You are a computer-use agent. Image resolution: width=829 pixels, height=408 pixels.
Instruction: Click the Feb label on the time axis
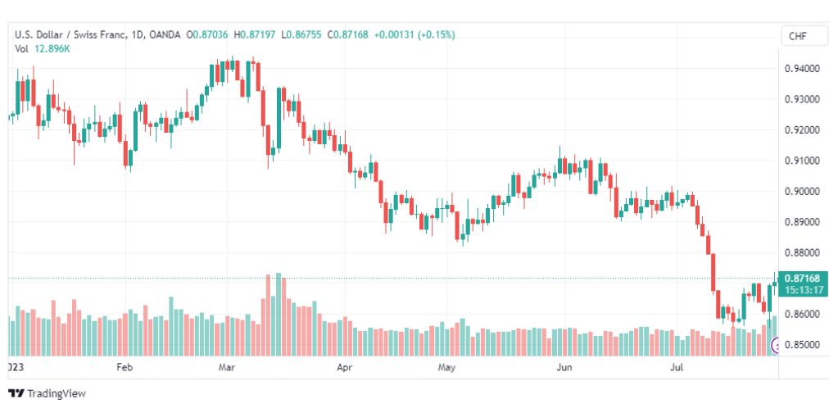(125, 367)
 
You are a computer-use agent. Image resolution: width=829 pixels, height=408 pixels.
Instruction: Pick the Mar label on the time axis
(226, 367)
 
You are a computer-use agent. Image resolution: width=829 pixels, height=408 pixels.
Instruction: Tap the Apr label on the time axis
(345, 367)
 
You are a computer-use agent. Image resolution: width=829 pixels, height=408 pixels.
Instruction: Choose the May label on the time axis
(446, 367)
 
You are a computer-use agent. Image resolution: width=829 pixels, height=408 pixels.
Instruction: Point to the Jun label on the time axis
(564, 367)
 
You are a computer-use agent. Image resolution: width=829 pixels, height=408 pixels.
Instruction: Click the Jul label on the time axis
(676, 367)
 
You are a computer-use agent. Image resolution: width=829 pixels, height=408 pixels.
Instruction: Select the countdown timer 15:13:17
(804, 290)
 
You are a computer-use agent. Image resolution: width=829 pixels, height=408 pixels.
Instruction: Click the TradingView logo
(47, 394)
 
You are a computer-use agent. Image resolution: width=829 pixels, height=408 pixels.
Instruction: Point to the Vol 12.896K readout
(43, 48)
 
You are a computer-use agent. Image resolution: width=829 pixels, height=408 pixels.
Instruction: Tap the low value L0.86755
(301, 35)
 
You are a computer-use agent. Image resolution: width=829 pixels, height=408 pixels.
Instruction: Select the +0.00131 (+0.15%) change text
(414, 35)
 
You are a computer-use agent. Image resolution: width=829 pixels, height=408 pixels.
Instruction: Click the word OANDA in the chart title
(165, 35)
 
